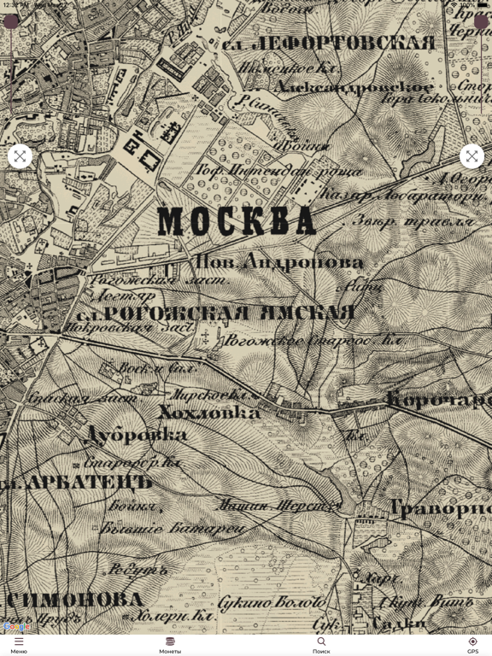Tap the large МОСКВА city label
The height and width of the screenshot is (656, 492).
pos(237,222)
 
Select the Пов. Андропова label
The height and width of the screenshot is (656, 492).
pos(279,262)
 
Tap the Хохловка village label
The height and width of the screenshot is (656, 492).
pos(209,413)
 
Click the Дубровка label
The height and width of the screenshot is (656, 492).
pos(137,435)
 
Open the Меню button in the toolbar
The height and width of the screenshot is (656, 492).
pos(19,645)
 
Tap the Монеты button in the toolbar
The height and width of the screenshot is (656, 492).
pos(170,645)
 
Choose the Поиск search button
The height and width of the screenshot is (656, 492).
pos(321,645)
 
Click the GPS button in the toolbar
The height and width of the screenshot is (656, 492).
pos(472,645)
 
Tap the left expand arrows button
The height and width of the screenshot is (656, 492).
pos(20,156)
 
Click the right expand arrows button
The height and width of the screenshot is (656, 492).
pos(471,156)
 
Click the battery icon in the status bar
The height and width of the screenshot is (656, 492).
pos(482,5)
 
